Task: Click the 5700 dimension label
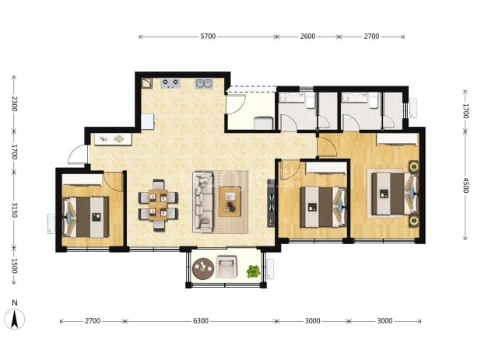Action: [x=208, y=37]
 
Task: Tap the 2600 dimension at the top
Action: [x=307, y=37]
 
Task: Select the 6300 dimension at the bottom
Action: [x=201, y=321]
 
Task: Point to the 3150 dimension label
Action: [x=14, y=210]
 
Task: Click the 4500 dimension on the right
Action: [x=465, y=185]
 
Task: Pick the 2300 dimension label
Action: [x=14, y=104]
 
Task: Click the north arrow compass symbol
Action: [x=14, y=319]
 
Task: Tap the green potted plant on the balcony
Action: [x=254, y=271]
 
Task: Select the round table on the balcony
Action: [x=203, y=268]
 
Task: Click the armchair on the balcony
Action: [x=226, y=267]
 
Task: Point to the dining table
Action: [x=158, y=205]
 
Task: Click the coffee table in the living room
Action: [x=230, y=201]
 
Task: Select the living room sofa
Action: [x=203, y=202]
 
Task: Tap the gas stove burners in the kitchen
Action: [x=170, y=83]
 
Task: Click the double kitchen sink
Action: [x=204, y=83]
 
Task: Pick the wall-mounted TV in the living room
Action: [x=271, y=203]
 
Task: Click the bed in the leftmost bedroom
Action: [x=86, y=217]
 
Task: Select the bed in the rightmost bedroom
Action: [x=395, y=194]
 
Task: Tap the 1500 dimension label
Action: [x=14, y=266]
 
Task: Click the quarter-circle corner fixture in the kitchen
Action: [x=147, y=83]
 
